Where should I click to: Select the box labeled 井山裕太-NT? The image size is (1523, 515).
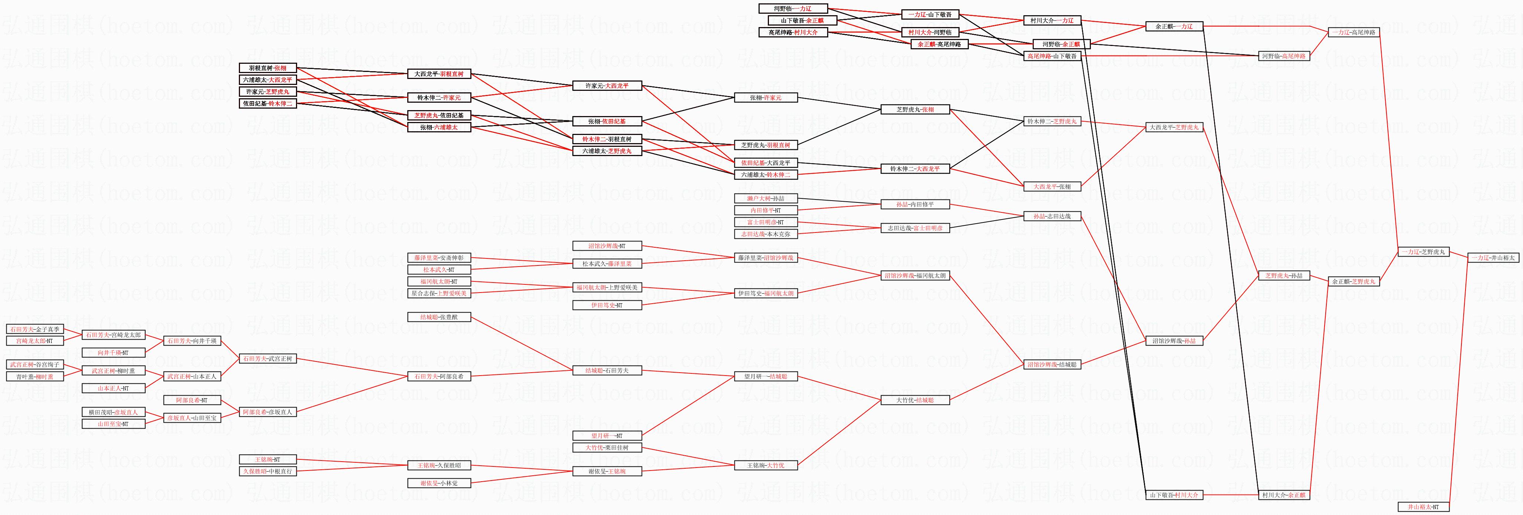1423,507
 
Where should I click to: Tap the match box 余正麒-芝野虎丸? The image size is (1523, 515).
1353,281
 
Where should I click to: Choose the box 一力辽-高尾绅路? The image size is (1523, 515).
1353,33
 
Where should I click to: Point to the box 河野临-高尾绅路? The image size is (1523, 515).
1283,56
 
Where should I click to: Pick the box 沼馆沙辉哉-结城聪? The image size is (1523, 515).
1052,365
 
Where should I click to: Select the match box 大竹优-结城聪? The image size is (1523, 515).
915,400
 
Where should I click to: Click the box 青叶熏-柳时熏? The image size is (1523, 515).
35,377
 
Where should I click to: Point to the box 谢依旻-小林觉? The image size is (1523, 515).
439,483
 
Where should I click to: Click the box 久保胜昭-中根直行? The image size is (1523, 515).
267,471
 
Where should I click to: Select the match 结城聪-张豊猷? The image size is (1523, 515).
439,317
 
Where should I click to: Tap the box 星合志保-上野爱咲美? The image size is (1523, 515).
439,293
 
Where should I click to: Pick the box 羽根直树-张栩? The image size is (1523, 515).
267,68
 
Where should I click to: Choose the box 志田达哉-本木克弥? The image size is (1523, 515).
766,234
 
